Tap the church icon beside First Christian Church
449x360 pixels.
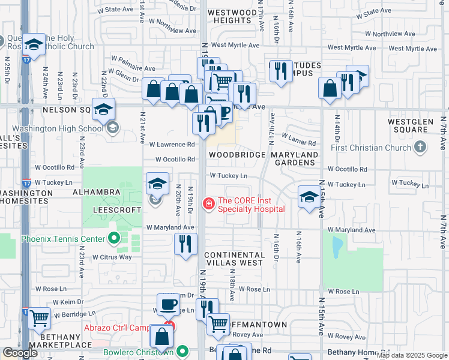point(421,147)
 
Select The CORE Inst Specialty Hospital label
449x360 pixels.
point(251,205)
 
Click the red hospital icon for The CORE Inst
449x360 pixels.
point(209,204)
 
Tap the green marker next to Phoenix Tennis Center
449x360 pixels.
point(114,239)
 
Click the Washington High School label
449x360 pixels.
point(58,128)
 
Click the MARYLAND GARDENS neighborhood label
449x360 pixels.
point(295,159)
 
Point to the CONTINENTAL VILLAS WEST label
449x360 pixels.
point(233,259)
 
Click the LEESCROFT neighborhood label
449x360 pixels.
point(116,209)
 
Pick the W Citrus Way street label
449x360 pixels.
point(112,257)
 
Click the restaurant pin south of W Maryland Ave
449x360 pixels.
point(185,244)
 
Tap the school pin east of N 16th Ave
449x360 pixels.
point(309,197)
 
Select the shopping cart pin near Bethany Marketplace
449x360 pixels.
point(39,318)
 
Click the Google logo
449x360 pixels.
point(20,353)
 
